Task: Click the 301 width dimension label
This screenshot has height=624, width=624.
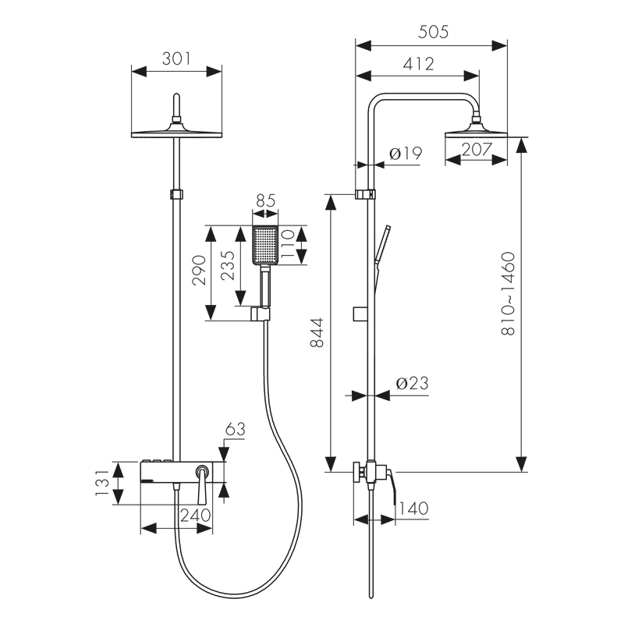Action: click(177, 58)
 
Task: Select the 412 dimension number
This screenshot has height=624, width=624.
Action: click(418, 64)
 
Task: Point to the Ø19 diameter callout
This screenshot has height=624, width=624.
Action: click(404, 154)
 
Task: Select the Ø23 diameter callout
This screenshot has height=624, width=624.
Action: click(411, 384)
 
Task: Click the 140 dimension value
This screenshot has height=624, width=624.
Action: click(413, 509)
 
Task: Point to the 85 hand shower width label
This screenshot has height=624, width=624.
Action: click(265, 200)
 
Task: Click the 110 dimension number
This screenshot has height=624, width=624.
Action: click(286, 244)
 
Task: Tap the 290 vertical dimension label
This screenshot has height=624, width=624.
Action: click(199, 271)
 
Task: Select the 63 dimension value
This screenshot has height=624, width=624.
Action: click(235, 428)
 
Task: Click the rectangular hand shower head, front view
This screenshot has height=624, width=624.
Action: click(265, 245)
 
